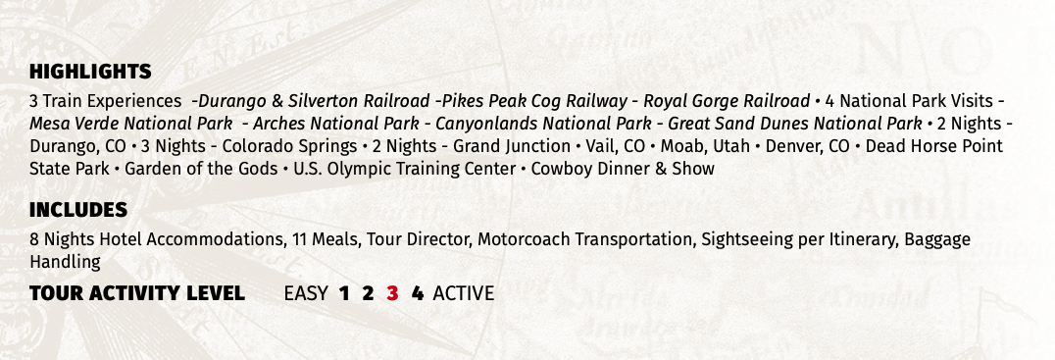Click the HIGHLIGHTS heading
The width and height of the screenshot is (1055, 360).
tap(90, 72)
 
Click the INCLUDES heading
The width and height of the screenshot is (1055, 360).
tap(78, 210)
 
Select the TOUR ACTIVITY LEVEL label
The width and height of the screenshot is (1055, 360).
tap(136, 293)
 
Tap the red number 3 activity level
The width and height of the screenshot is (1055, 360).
tap(392, 293)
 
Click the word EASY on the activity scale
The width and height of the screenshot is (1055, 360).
tap(305, 293)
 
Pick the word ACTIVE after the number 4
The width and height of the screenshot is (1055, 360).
tap(463, 293)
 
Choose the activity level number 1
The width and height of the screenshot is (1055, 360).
tap(344, 293)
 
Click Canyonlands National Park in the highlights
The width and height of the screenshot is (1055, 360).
tap(543, 124)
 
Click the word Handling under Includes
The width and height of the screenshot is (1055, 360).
tap(65, 262)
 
